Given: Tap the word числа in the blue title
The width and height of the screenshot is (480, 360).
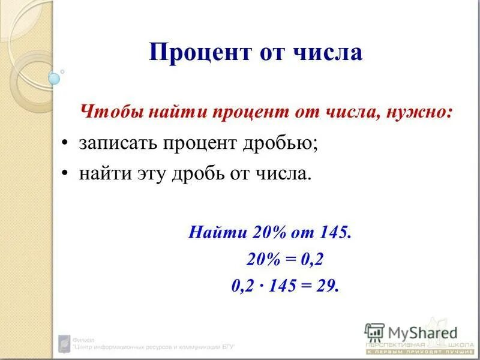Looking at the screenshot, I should [328, 53].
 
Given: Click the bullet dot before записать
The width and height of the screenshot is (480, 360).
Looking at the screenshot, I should [66, 145].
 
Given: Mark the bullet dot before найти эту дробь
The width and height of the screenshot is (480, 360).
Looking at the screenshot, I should [66, 175].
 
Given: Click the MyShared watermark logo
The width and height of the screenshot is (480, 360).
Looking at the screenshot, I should [410, 331].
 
